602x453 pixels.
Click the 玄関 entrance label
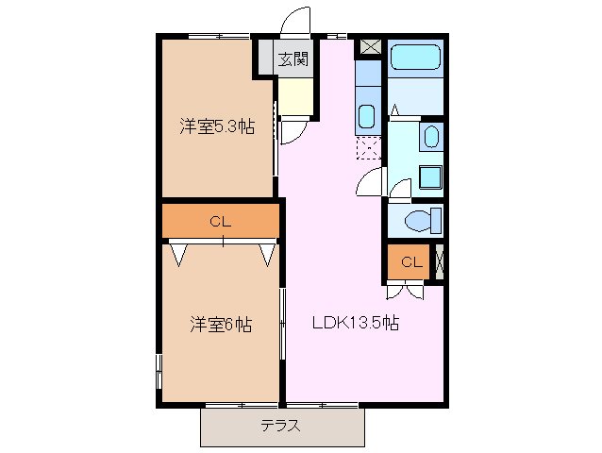click(293, 59)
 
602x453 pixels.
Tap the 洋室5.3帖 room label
click(217, 126)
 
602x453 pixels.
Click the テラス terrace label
click(280, 426)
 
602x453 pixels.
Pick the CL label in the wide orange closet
click(220, 223)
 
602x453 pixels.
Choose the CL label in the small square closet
click(410, 261)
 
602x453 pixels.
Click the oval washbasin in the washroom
click(430, 137)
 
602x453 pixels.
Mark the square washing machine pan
click(430, 177)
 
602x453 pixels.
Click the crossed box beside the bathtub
click(369, 46)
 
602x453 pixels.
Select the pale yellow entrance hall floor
click(293, 95)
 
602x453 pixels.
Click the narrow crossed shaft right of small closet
click(439, 262)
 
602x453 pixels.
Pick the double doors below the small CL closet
click(404, 290)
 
